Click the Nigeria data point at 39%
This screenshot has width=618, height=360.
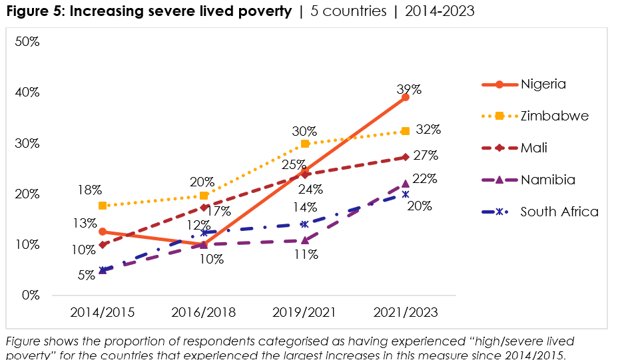click(406, 97)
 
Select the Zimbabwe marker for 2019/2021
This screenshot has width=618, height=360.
click(305, 144)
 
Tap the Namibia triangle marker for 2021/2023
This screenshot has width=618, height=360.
click(406, 184)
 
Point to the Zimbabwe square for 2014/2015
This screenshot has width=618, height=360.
click(102, 206)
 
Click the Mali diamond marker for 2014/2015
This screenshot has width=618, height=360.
click(102, 245)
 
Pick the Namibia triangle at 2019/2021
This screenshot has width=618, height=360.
click(305, 240)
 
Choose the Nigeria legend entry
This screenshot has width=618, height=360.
click(543, 85)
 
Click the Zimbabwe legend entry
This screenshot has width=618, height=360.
click(554, 116)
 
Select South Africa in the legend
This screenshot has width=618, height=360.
click(559, 212)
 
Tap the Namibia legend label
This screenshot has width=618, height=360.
click(548, 180)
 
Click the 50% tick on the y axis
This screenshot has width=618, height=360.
click(27, 42)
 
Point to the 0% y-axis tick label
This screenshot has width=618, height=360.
click(30, 295)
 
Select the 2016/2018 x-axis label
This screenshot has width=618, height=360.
click(203, 312)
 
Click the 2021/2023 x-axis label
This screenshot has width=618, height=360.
click(406, 312)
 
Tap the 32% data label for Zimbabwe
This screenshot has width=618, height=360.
click(428, 129)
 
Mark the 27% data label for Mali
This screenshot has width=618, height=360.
click(425, 156)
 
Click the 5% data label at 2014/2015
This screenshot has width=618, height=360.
click(86, 273)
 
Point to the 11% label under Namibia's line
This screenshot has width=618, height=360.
click(307, 255)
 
